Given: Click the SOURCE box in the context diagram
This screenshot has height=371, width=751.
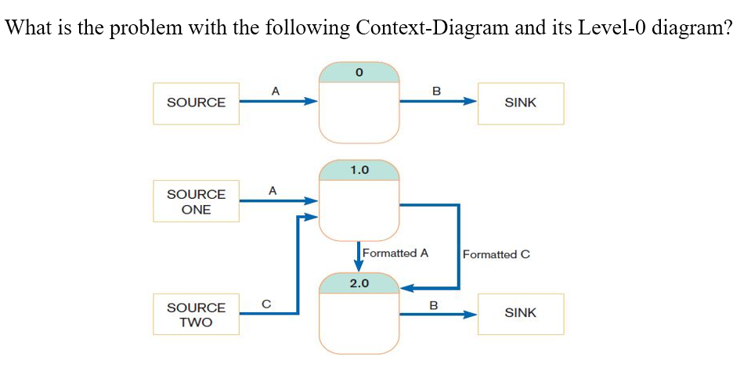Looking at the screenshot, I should coord(196,103).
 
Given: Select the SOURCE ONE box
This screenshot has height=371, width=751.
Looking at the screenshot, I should coord(196,201).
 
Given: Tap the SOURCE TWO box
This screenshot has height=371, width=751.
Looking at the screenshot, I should coord(196,315).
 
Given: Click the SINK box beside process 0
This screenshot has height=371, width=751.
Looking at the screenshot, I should coord(521,103).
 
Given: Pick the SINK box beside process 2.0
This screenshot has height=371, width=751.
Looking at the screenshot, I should coord(521,313).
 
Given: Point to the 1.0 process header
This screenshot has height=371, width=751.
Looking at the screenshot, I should coord(359,169).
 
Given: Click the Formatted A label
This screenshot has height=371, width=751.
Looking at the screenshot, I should coord(395,253).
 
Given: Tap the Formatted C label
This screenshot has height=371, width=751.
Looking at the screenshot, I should coord(496,254).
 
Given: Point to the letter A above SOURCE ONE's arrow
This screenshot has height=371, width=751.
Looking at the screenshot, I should coord(272,189).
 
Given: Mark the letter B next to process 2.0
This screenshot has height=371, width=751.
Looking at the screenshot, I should coord(432,303).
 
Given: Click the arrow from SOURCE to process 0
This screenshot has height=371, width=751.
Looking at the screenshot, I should coord(278,101).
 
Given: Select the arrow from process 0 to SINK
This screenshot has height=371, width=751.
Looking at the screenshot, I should coord(439,101).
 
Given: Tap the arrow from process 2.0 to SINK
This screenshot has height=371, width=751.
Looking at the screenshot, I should coord(439,315).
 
